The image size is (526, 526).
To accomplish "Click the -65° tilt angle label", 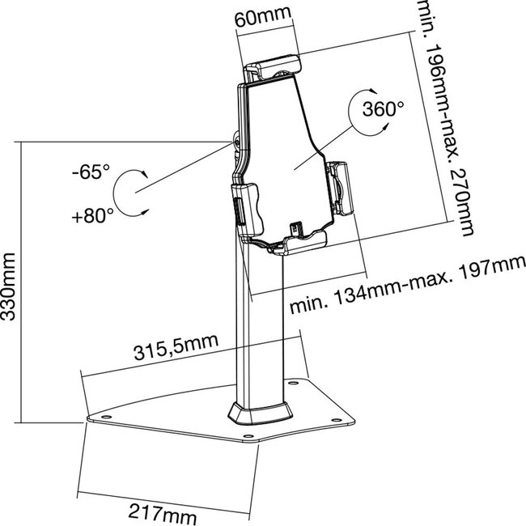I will coord(90,172).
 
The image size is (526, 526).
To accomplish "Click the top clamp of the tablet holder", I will coord(274,65).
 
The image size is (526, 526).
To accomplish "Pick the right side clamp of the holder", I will coord(342,188).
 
